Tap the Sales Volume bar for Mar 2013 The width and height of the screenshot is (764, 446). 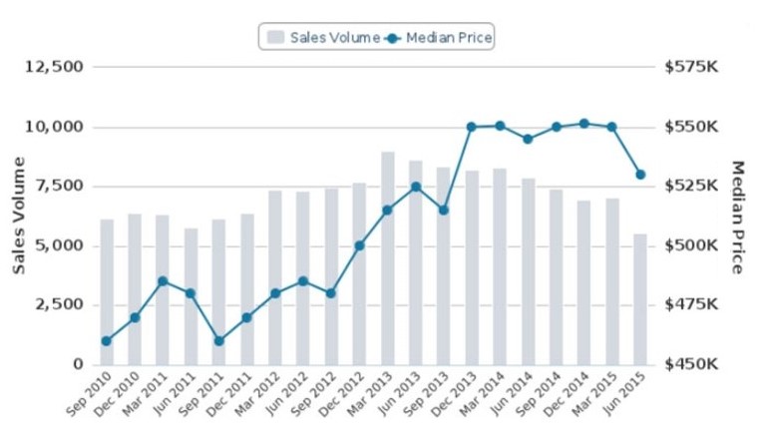coord(388,258)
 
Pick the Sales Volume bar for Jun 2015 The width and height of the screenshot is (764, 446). coord(640,299)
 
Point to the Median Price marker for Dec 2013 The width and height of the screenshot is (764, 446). coord(472,127)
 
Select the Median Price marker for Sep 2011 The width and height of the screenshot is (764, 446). coord(219,341)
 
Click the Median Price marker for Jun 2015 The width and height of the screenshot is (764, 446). coord(640,175)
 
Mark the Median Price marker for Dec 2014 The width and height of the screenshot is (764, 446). coord(584,124)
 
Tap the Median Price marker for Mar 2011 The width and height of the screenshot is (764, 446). coord(163,281)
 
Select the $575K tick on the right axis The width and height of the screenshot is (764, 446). coord(690,67)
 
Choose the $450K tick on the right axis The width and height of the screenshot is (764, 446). coord(690,364)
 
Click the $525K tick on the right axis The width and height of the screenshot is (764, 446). coord(690,186)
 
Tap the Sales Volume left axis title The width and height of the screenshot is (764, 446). coord(19,215)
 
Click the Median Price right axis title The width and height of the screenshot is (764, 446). coord(738,217)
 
